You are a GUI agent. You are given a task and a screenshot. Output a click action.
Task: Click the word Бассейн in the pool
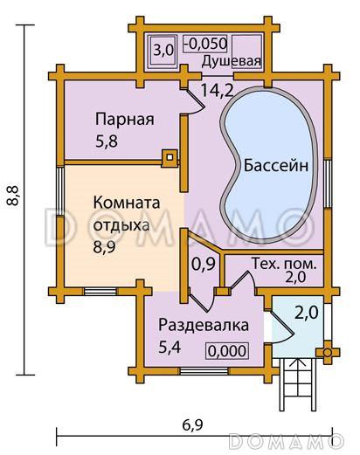pos(276,165)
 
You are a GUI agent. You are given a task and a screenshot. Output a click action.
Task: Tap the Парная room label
pos(125,120)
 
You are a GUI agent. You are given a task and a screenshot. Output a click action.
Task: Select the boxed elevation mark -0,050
pos(207,43)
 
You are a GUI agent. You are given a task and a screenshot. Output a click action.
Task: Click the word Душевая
pos(232,60)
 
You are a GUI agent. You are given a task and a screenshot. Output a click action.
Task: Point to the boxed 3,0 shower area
pos(163,50)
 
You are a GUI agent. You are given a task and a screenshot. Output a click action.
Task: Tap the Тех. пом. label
pos(284,262)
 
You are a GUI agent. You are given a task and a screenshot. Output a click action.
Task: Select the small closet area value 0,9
pos(204,262)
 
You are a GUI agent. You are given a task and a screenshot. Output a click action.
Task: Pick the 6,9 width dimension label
pos(191,426)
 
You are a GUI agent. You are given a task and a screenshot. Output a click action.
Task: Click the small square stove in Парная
pos(169,158)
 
